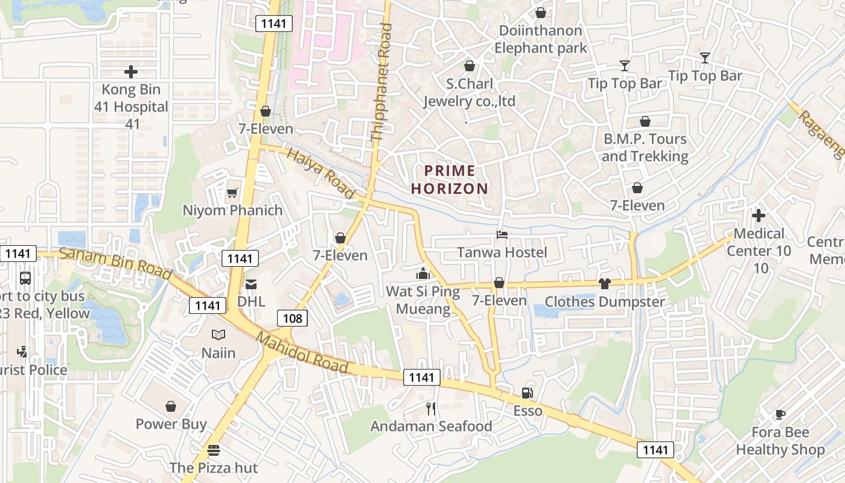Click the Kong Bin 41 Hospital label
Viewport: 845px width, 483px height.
pyautogui.click(x=131, y=106)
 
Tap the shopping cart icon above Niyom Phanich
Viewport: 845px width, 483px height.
pyautogui.click(x=232, y=193)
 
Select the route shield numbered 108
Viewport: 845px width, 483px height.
pyautogui.click(x=293, y=318)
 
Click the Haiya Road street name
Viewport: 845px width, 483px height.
pyautogui.click(x=320, y=173)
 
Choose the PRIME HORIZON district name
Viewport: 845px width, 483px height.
pyautogui.click(x=450, y=179)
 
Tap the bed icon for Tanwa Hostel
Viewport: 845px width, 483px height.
pyautogui.click(x=502, y=234)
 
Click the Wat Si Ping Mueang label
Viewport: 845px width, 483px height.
pyautogui.click(x=422, y=300)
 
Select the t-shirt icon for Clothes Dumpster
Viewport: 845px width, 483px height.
pyautogui.click(x=605, y=284)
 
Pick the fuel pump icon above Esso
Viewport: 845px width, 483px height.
pyautogui.click(x=528, y=393)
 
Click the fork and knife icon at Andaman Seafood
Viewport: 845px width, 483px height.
pyautogui.click(x=430, y=409)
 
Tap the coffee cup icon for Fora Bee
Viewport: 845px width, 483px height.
pyautogui.click(x=780, y=414)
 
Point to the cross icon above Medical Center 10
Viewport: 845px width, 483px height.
pyautogui.click(x=759, y=216)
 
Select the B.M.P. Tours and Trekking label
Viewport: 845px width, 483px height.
pyautogui.click(x=645, y=147)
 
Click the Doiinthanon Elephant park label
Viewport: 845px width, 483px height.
pyautogui.click(x=540, y=39)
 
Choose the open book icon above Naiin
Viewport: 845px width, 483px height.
pyautogui.click(x=218, y=334)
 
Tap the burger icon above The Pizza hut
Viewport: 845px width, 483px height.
pyautogui.click(x=213, y=450)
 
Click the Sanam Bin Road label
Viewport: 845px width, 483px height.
pyautogui.click(x=115, y=263)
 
